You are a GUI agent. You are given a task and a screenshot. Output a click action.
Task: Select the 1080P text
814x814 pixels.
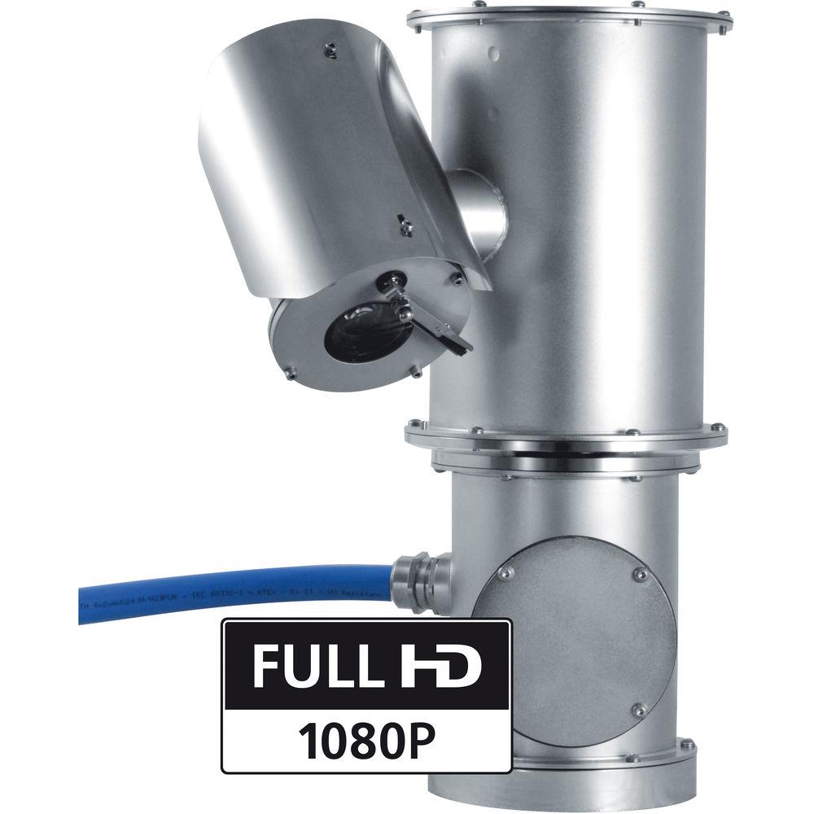tap(366, 738)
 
